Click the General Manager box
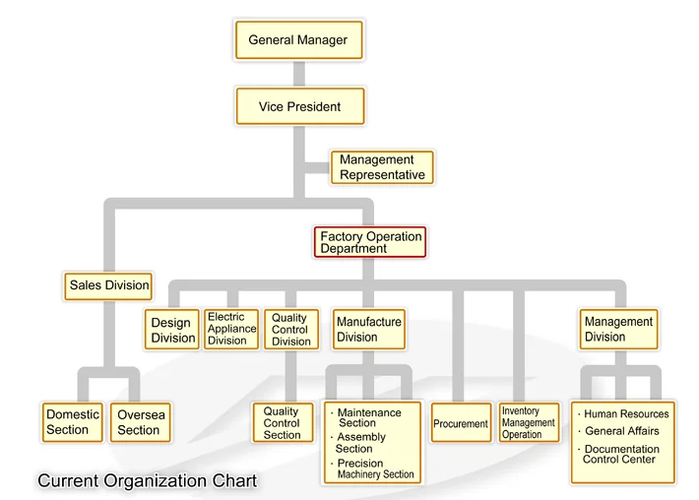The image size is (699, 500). click(x=297, y=40)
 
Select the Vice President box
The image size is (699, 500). click(x=299, y=106)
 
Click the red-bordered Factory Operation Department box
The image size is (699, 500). click(x=370, y=242)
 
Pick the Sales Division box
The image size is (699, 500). click(x=109, y=285)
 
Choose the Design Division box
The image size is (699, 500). click(x=172, y=331)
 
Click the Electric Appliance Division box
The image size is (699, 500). click(x=231, y=330)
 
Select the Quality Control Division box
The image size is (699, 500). click(x=290, y=330)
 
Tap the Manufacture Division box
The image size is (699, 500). click(x=368, y=330)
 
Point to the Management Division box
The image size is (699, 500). click(x=618, y=330)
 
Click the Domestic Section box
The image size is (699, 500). click(x=73, y=422)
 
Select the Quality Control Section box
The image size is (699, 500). click(x=282, y=423)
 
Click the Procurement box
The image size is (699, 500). click(x=461, y=424)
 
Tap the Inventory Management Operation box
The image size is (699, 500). click(x=529, y=423)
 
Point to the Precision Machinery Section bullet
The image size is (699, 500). click(x=374, y=469)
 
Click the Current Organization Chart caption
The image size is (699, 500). click(x=148, y=480)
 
